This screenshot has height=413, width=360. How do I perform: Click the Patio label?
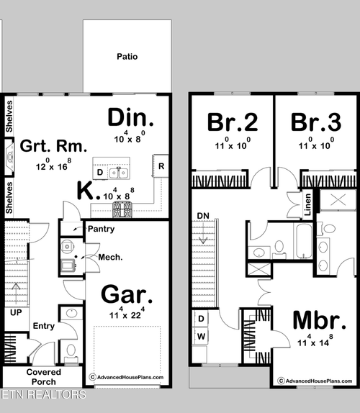pos(127,56)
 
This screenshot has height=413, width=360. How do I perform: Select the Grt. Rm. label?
pos(45,146)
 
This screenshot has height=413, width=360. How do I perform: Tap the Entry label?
pos(43,326)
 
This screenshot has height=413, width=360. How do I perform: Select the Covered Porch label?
pos(45,376)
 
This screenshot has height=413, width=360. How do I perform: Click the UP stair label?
pos(15,312)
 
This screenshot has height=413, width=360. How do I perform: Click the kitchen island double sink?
pos(118,173)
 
